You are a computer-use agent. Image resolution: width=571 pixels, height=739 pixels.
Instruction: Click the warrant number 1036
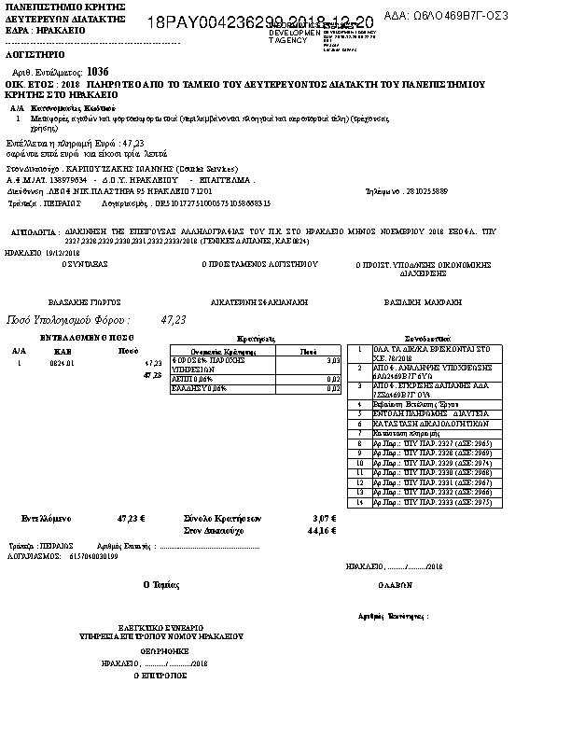(97, 71)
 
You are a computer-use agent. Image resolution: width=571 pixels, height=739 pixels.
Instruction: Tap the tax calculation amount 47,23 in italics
(174, 319)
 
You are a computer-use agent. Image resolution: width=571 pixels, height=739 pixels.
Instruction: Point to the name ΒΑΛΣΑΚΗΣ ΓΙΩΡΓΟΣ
(85, 303)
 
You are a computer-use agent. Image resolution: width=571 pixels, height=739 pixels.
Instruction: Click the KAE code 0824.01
(63, 363)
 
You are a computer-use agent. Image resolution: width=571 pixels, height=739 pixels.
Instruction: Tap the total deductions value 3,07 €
(324, 518)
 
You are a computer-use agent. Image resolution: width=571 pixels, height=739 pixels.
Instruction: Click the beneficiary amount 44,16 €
(322, 530)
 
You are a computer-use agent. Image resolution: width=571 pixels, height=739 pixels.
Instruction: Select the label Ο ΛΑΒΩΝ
(395, 584)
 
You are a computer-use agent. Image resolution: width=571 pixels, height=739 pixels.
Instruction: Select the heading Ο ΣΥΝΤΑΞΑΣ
(85, 264)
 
